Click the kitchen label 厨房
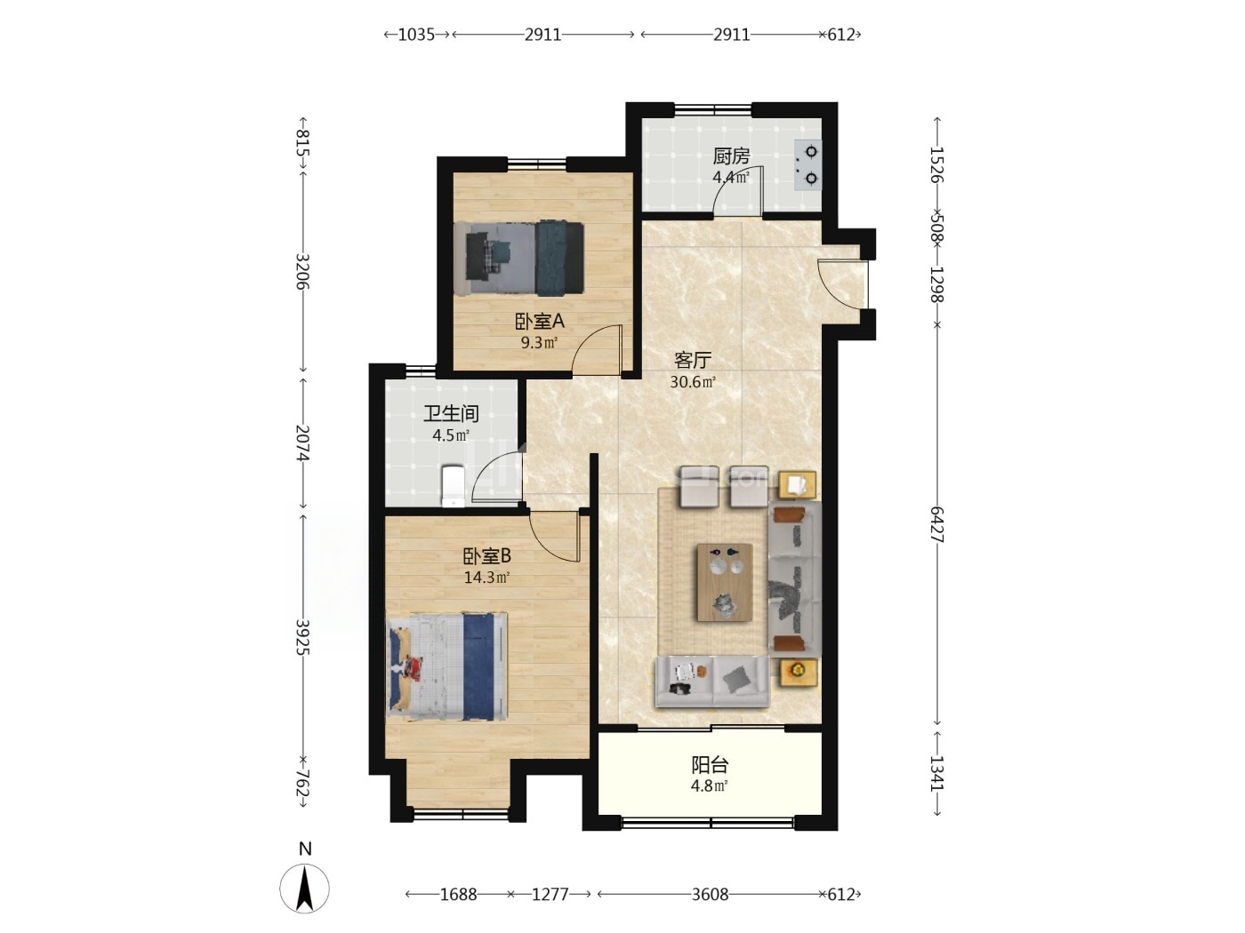(731, 155)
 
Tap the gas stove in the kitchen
(807, 164)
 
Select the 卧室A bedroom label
(540, 321)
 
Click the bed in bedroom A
(519, 259)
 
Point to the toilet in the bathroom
(453, 485)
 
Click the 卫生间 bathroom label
(451, 413)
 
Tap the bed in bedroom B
(446, 666)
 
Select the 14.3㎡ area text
(486, 578)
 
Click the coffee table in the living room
(724, 582)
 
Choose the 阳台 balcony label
(710, 765)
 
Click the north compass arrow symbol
(305, 888)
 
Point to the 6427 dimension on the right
(936, 524)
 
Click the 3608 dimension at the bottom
(710, 894)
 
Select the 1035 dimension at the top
(416, 35)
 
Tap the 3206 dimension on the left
(303, 271)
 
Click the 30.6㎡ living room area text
(693, 382)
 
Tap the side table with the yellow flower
(798, 672)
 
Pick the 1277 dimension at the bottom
(550, 894)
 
